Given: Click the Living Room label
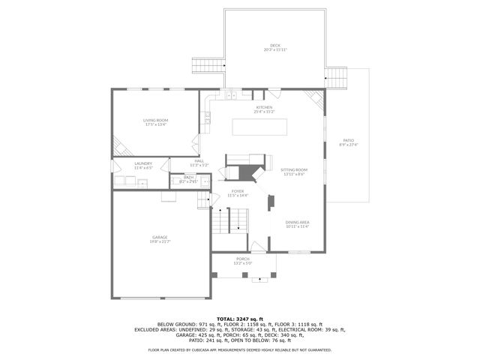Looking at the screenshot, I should point(156,120).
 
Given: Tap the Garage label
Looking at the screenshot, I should point(160,238).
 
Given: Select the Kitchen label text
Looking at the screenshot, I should point(265,107).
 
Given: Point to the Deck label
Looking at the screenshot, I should point(276,45).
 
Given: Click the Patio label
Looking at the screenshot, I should point(348,140).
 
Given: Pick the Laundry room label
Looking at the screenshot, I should point(143,163).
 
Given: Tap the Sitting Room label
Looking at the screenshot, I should point(294,170).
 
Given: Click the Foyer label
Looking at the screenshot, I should point(238,191).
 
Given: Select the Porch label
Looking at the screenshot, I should point(243,259).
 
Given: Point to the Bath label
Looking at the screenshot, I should point(188,177).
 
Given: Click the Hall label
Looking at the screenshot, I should point(199,160).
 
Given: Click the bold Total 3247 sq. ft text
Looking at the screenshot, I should point(240,318).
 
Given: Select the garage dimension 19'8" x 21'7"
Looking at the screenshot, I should point(160,242).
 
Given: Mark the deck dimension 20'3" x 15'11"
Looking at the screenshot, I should point(276,49).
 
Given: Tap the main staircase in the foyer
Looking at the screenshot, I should point(238,220).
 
